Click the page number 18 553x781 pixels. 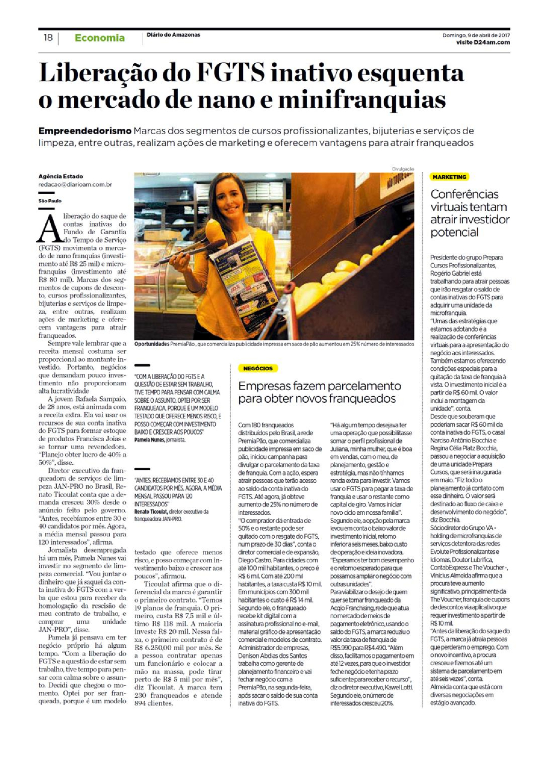48,38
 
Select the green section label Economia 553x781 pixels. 100,38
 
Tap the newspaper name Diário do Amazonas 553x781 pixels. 173,34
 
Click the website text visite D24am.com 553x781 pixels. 483,42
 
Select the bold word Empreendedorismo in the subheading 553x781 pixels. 85,131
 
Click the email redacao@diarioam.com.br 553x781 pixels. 75,185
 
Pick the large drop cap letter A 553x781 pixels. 50,229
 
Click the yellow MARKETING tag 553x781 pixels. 449,177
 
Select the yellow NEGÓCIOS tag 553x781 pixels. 258,368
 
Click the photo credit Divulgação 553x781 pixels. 403,169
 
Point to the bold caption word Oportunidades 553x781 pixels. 152,344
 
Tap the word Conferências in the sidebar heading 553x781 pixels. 458,194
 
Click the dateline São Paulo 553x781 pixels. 50,201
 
